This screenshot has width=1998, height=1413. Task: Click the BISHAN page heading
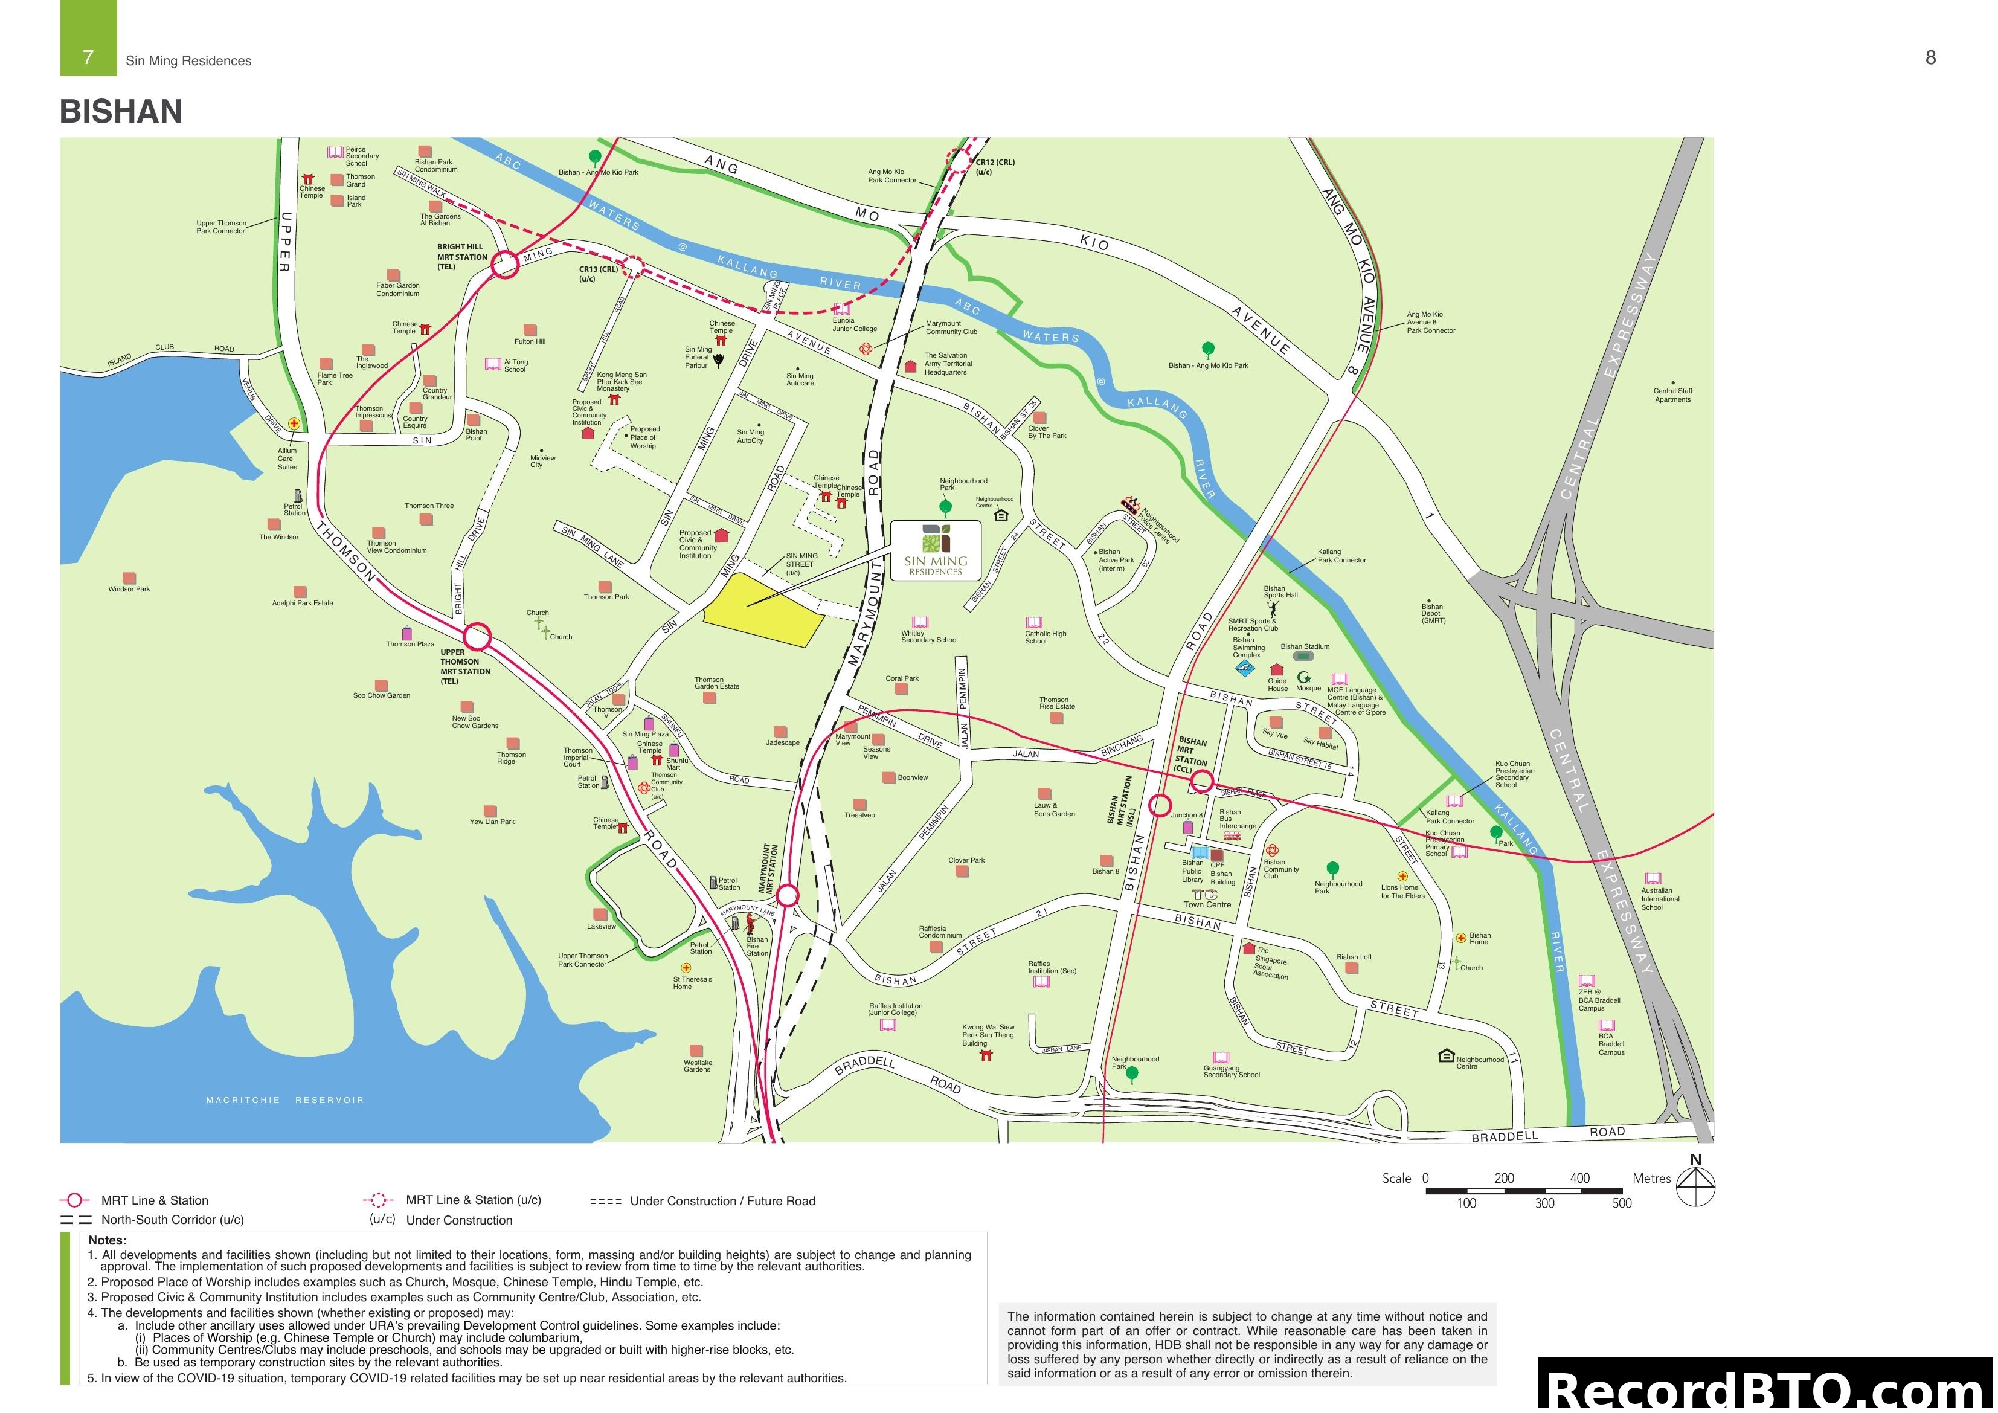tap(121, 111)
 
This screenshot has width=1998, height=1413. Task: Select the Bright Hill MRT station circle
tap(506, 265)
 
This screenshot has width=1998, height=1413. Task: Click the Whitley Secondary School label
tap(928, 636)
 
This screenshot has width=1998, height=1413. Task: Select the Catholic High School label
tap(1045, 637)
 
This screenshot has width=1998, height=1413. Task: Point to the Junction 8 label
tap(1186, 816)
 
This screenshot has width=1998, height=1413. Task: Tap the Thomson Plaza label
tap(410, 644)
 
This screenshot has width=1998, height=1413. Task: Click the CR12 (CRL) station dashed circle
tap(957, 159)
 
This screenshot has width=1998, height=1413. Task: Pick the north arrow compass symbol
tap(1695, 1184)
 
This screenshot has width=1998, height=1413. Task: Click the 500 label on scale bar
tap(1621, 1203)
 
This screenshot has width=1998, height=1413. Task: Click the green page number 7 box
tap(88, 38)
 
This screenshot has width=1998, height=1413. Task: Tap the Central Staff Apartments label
tap(1672, 395)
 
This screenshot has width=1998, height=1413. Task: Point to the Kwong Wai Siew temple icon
tap(986, 1055)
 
